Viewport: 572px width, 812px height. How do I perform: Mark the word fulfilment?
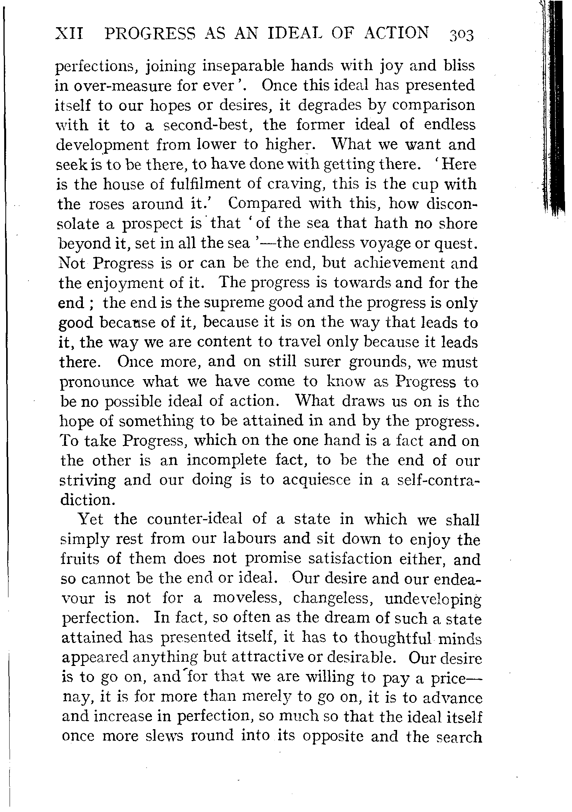coord(206,184)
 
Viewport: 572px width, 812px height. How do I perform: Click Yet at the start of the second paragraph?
coord(91,519)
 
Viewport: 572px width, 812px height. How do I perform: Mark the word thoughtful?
coord(394,637)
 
